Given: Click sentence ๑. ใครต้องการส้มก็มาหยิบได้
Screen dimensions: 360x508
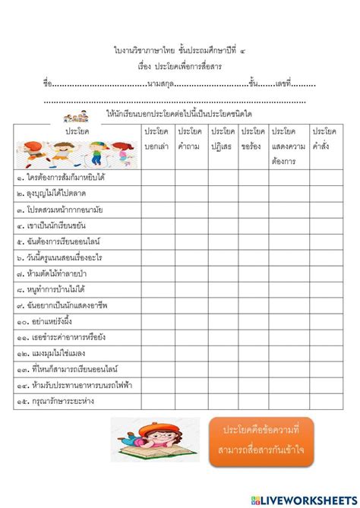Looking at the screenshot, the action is [x=61, y=177].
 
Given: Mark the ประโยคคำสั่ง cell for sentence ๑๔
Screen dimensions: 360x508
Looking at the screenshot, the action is [x=324, y=387].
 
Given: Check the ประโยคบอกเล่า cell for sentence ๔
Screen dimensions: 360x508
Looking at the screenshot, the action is [x=156, y=226].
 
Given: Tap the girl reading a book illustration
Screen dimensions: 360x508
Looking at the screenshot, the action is [x=155, y=440].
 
